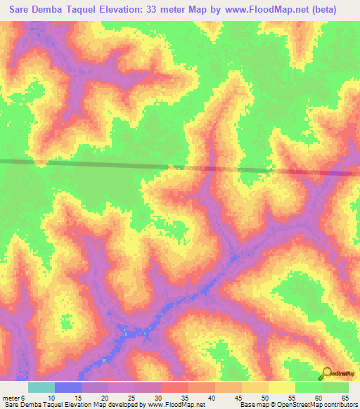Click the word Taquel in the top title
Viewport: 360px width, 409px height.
pyautogui.click(x=106, y=10)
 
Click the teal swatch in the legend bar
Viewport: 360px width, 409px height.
pyautogui.click(x=41, y=387)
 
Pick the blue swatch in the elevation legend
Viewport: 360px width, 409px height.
pyautogui.click(x=68, y=387)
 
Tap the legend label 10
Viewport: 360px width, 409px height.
pyautogui.click(x=51, y=397)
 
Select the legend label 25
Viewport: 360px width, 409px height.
pyautogui.click(x=131, y=397)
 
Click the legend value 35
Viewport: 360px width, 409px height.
pyautogui.click(x=185, y=397)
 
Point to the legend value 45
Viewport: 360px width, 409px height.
pyautogui.click(x=238, y=397)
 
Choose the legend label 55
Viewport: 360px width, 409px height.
pyautogui.click(x=292, y=397)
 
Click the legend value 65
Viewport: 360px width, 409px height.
pyautogui.click(x=345, y=397)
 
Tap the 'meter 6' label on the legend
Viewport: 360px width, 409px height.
pyautogui.click(x=13, y=397)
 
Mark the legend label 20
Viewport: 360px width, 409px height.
pyautogui.click(x=105, y=397)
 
